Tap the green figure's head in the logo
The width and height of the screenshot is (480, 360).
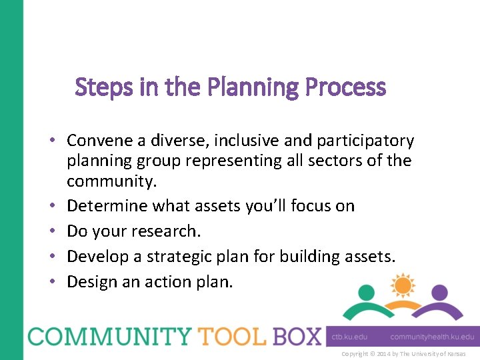(366, 292)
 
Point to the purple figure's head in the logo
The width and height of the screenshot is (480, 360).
(439, 292)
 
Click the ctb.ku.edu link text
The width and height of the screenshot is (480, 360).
(349, 337)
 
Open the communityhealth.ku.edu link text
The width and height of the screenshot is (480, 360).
(431, 337)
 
